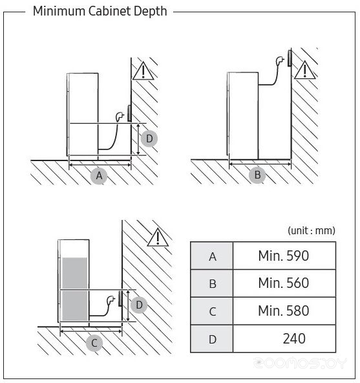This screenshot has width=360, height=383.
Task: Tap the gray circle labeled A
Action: coord(99,175)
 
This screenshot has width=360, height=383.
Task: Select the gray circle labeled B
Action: coord(257,175)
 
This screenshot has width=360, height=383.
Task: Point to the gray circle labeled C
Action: coord(94,343)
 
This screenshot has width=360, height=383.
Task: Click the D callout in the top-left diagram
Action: coord(149,138)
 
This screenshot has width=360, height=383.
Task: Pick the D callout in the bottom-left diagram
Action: coord(139,305)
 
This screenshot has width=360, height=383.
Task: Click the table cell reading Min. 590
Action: coord(284,256)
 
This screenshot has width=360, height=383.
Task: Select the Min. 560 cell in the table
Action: coord(284,283)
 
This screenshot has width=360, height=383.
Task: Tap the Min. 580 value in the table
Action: coord(284,311)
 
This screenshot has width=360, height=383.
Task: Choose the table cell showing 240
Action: coord(284,338)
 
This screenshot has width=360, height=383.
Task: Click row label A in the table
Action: coord(212,256)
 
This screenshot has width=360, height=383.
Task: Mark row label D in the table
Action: coord(212,339)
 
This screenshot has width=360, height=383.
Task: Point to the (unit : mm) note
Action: coord(312,230)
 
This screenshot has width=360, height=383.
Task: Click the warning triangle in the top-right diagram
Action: coord(304,71)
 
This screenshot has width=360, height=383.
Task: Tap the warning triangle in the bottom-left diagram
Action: coord(158,237)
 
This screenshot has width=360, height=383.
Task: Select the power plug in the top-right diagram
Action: coord(279,61)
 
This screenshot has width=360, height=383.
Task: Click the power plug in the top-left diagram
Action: coord(120,116)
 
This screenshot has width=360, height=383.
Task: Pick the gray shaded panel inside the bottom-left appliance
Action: coord(75,289)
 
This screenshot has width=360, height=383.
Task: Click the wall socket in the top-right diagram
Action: coord(290,58)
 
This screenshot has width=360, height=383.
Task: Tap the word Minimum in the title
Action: coord(59,11)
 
